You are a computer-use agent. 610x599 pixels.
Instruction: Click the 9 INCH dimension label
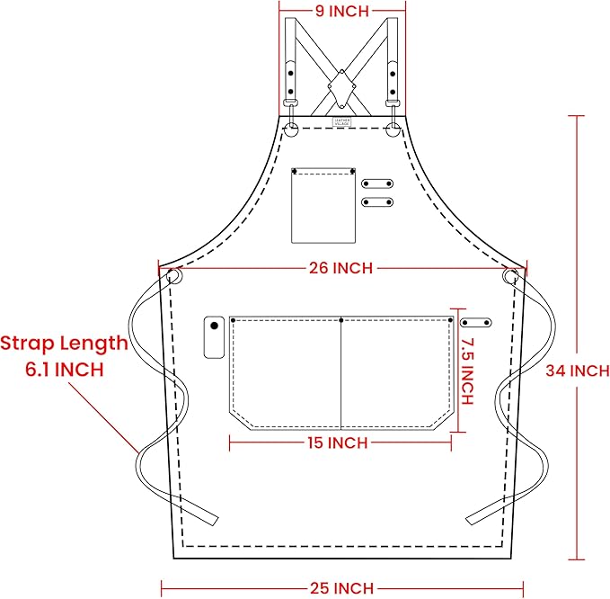[x=340, y=12]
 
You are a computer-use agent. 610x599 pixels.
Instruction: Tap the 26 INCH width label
[x=340, y=268]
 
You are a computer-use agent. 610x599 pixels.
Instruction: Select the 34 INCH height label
[x=578, y=371]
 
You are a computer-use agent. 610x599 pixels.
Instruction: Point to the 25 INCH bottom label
[x=340, y=588]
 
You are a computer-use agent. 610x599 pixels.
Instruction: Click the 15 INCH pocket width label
[x=336, y=443]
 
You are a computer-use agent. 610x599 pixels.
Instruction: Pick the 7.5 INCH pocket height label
[x=464, y=372]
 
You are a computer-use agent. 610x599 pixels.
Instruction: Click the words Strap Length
[x=64, y=343]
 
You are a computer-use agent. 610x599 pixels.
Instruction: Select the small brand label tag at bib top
[x=340, y=122]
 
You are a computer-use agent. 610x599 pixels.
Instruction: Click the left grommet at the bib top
[x=291, y=131]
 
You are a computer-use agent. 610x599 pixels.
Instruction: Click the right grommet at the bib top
[x=393, y=131]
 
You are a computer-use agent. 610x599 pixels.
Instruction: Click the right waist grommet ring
[x=511, y=276]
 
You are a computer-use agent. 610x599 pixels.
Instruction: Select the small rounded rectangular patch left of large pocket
[x=214, y=337]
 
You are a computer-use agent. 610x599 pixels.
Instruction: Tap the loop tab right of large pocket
[x=475, y=322]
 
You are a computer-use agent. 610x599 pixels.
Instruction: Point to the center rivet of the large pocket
[x=341, y=319]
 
